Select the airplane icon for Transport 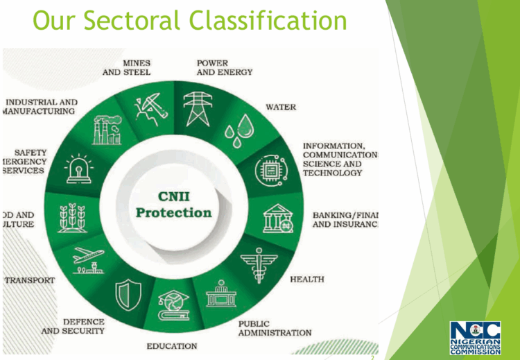(88, 258)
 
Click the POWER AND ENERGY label (224, 67)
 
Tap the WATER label (281, 108)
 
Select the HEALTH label (306, 279)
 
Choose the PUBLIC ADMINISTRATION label (275, 328)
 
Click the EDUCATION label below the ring (171, 346)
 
